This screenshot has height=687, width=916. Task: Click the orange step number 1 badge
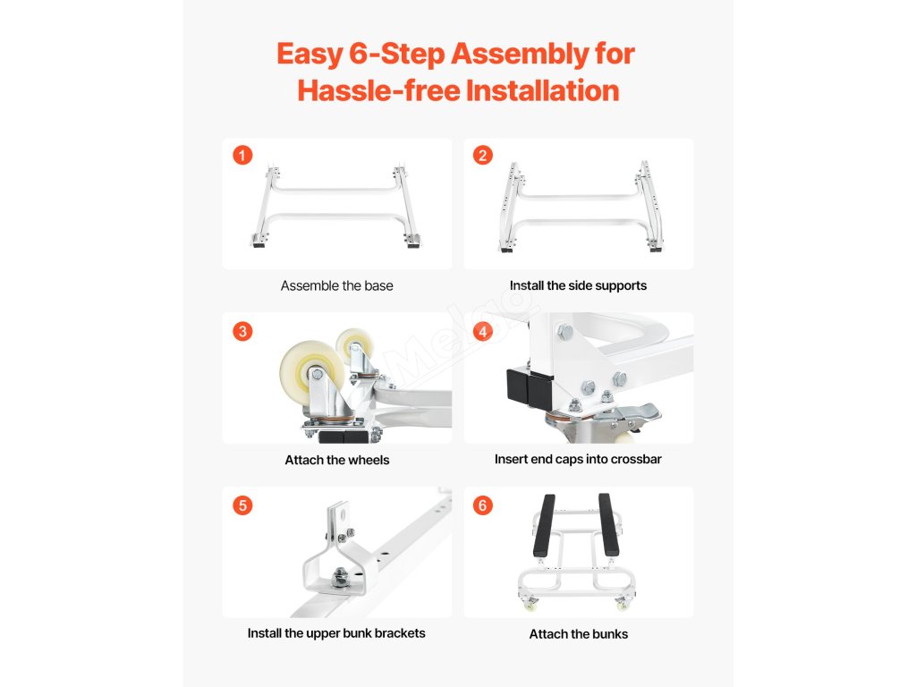click(242, 156)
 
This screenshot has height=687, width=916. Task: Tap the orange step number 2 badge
click(482, 156)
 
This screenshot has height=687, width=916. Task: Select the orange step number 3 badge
click(242, 331)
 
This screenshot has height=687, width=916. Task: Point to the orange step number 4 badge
click(482, 331)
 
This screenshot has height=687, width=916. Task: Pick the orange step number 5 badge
click(242, 505)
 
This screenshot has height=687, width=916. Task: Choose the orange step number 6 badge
click(482, 505)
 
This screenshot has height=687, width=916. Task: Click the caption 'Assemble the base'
click(336, 285)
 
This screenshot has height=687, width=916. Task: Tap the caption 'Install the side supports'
click(578, 285)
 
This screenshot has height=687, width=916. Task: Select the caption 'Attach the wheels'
click(337, 460)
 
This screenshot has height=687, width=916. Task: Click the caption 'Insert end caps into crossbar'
click(578, 459)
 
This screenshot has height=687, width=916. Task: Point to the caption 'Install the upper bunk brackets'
click(336, 633)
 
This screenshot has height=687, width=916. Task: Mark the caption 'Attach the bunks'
click(579, 634)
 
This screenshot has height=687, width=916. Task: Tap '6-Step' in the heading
click(397, 54)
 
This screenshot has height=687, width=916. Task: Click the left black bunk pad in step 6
click(544, 525)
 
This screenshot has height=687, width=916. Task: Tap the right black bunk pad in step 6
click(608, 524)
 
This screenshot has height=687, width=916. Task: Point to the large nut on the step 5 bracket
click(338, 579)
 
